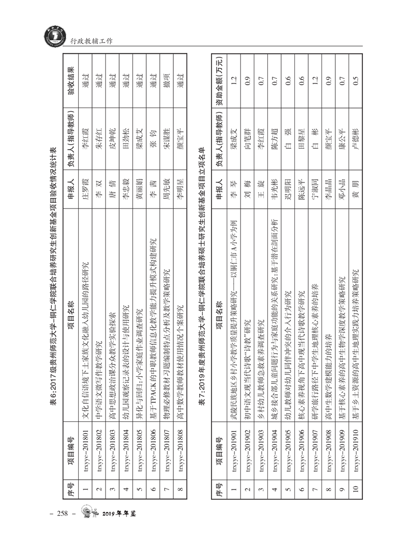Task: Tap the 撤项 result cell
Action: tap(165, 81)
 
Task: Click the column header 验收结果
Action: tap(71, 81)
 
